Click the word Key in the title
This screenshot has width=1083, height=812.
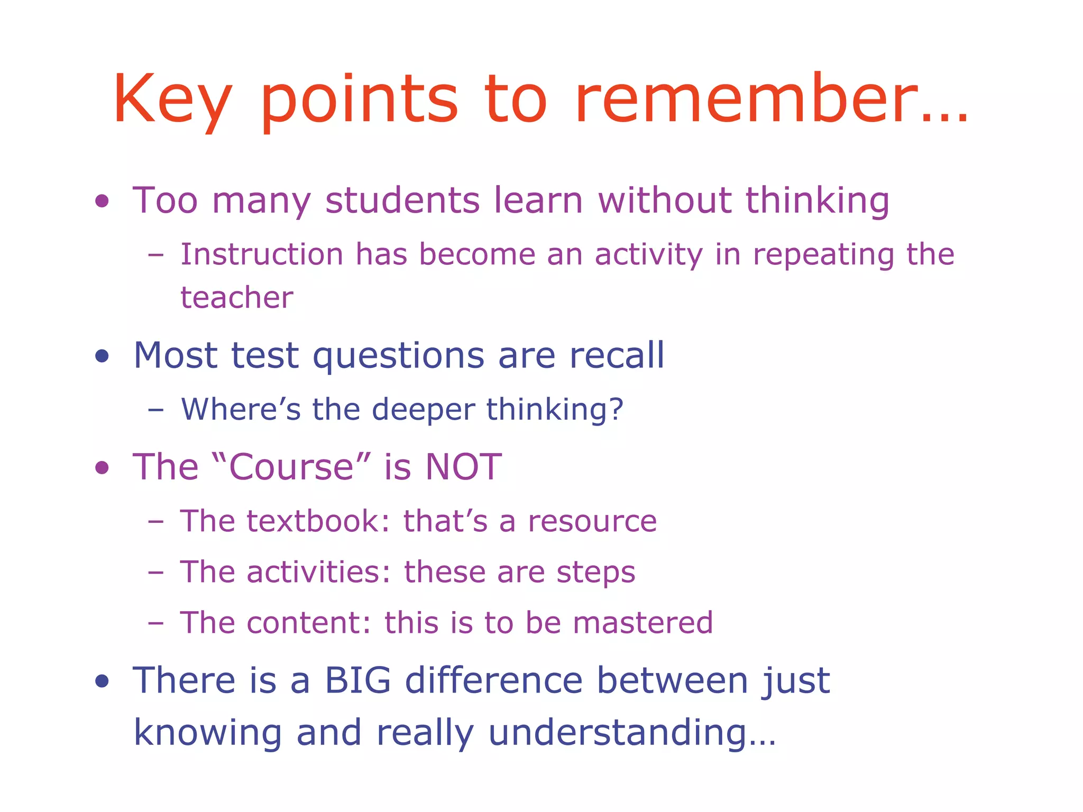[x=172, y=100]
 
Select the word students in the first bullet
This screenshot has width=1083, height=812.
[x=402, y=200]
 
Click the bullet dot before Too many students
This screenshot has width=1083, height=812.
[x=102, y=201]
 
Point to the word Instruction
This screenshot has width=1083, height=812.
[x=262, y=254]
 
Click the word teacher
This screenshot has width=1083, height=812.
[x=236, y=298]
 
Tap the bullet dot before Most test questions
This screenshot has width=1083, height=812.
[x=102, y=356]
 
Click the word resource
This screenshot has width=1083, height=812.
[x=592, y=522]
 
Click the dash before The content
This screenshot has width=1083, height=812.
[x=156, y=623]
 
